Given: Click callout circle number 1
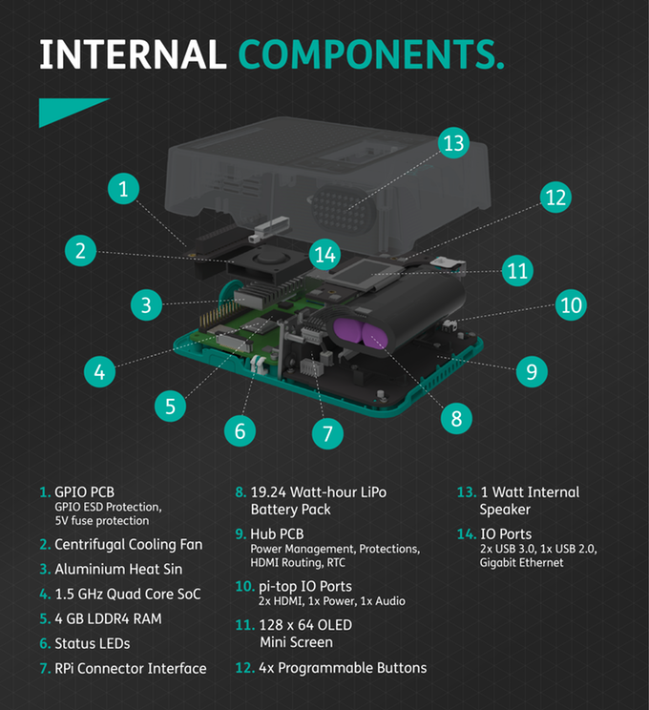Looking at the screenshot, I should click(x=123, y=188).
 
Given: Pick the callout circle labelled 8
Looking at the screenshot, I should click(x=456, y=417).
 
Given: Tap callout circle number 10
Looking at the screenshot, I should click(x=571, y=305).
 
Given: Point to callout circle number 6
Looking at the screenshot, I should click(x=240, y=430).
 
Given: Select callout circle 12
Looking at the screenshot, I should click(x=555, y=198).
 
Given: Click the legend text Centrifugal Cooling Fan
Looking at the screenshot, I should click(x=128, y=545).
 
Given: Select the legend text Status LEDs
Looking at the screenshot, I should click(x=92, y=643).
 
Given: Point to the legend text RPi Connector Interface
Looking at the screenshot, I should click(x=130, y=668).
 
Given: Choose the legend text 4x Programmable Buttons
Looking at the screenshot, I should click(x=344, y=667).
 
